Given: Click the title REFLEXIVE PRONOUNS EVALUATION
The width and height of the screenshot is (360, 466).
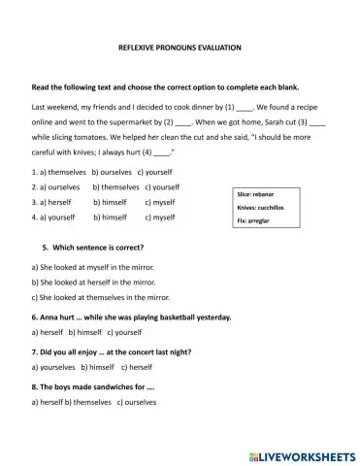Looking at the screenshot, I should [179, 48].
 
